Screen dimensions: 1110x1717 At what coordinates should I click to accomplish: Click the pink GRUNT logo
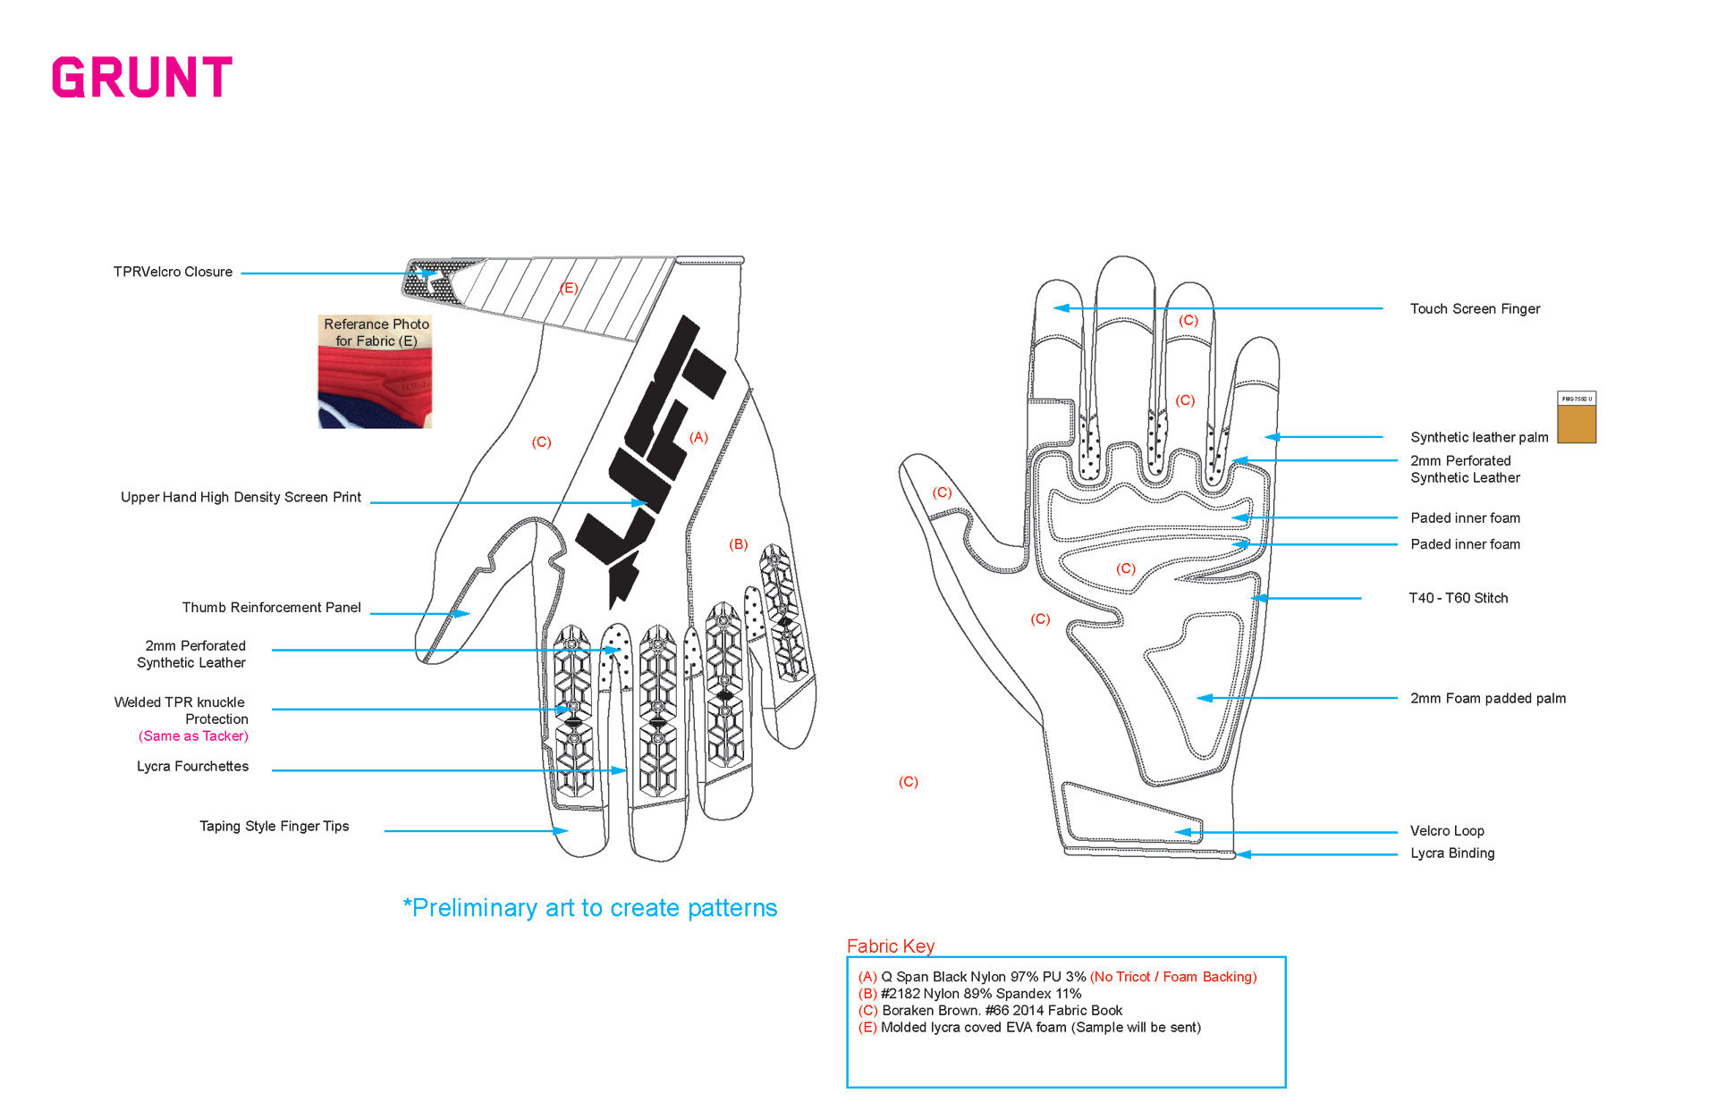[142, 77]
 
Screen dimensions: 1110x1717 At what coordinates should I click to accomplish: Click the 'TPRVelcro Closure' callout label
[173, 272]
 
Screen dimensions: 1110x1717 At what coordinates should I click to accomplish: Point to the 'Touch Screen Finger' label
[1475, 309]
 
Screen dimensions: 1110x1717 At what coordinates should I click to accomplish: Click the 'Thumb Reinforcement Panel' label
[271, 608]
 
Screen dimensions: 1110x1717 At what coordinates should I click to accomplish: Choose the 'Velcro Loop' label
[1447, 831]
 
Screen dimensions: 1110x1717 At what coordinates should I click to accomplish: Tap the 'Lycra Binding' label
[1452, 854]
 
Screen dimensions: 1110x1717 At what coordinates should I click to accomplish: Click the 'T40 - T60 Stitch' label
[1458, 598]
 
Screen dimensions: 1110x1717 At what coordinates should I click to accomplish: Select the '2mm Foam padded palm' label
[1487, 699]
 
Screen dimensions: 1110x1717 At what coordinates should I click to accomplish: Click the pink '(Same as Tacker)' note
[193, 736]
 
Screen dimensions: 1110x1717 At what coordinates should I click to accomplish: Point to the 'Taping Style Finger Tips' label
[274, 827]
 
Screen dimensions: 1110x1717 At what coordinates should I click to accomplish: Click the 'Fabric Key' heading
[890, 946]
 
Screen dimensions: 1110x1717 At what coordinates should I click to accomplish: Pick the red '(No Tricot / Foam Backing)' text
[1173, 977]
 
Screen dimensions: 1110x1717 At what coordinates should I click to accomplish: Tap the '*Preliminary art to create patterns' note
[590, 908]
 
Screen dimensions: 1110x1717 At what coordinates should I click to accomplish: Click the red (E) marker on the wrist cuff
[569, 288]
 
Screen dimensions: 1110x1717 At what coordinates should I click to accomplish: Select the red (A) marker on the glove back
[698, 437]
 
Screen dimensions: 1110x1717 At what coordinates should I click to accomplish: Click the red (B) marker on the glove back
[738, 544]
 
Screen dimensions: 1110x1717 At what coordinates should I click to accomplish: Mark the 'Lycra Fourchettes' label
[192, 767]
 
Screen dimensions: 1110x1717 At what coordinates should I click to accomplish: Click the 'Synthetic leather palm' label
[1479, 437]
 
